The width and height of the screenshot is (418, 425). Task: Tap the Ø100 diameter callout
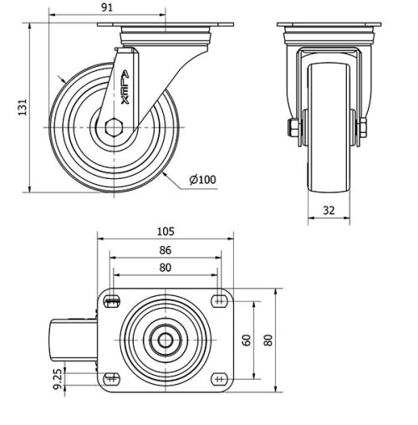tap(203, 180)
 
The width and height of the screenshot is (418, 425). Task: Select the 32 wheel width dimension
tap(329, 211)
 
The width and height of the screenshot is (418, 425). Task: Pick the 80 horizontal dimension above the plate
tap(165, 268)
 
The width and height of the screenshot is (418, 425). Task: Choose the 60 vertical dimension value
tap(246, 340)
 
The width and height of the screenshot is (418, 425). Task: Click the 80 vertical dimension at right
tap(268, 340)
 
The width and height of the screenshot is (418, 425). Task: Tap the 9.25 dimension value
tap(58, 381)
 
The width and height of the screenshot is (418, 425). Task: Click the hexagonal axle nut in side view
tap(115, 127)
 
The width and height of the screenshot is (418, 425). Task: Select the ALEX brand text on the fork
tap(125, 88)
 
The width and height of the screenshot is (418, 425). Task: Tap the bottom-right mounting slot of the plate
tap(219, 378)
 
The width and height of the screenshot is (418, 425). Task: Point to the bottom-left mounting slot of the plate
tap(111, 378)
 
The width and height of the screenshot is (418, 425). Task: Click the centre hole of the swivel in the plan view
tap(165, 340)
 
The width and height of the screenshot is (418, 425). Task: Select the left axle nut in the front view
tap(293, 128)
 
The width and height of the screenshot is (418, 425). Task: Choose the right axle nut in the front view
tap(364, 128)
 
